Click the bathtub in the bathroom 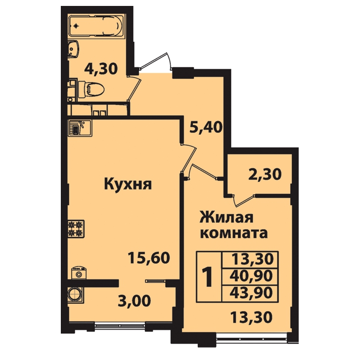(96, 26)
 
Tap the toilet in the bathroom (91, 89)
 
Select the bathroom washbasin (74, 49)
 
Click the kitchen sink (80, 128)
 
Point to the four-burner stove (76, 229)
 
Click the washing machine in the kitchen (79, 273)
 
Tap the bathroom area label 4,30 (101, 69)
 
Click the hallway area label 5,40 (206, 127)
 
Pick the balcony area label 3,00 (135, 301)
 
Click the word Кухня (128, 184)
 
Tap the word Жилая (226, 218)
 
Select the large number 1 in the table (208, 276)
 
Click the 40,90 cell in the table (251, 276)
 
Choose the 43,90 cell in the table (251, 293)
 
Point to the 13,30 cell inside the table (253, 259)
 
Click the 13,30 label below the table (251, 317)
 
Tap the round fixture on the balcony (75, 294)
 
